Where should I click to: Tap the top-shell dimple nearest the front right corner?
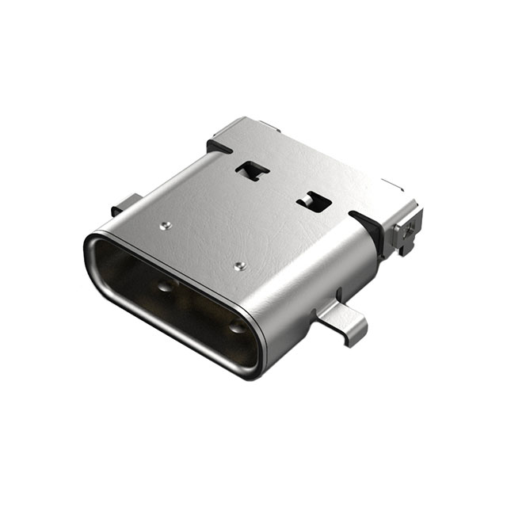click(239, 264)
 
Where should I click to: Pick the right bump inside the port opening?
click(235, 326)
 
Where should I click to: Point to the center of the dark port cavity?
click(182, 305)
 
